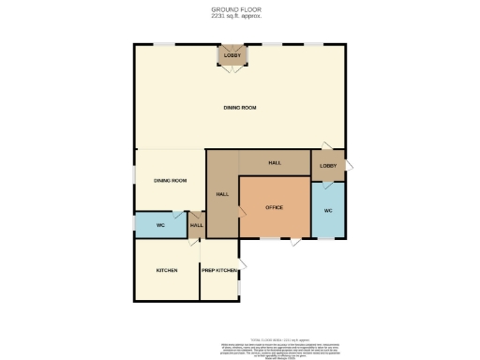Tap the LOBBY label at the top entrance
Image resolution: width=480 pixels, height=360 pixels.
pyautogui.click(x=232, y=56)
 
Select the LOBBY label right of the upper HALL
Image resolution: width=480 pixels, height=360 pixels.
pyautogui.click(x=327, y=167)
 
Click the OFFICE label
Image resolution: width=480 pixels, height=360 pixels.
pyautogui.click(x=274, y=207)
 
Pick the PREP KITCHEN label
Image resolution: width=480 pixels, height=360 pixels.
pyautogui.click(x=219, y=270)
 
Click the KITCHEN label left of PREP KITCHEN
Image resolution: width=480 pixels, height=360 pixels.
pyautogui.click(x=167, y=270)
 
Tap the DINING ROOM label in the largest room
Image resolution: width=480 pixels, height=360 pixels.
pyautogui.click(x=240, y=108)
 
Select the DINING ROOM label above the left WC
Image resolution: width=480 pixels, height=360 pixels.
pyautogui.click(x=170, y=180)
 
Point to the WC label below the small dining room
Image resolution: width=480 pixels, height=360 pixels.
pyautogui.click(x=160, y=226)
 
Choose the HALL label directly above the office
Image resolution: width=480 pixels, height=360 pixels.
pyautogui.click(x=275, y=163)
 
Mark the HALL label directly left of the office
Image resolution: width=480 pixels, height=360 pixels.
pyautogui.click(x=222, y=194)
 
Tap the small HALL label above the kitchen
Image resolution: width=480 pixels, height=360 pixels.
pyautogui.click(x=197, y=226)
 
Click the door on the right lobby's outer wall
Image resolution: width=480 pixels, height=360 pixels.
pyautogui.click(x=348, y=165)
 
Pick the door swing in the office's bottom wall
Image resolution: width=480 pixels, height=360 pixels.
pyautogui.click(x=295, y=243)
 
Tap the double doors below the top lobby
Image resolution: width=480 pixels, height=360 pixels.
pyautogui.click(x=232, y=68)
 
